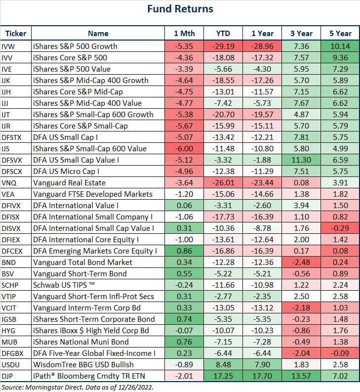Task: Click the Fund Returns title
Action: [x=180, y=9]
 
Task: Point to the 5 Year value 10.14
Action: [x=340, y=46]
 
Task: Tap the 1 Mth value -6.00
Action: [x=184, y=149]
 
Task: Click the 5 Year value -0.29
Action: [x=340, y=228]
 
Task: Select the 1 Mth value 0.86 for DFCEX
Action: [x=184, y=251]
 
